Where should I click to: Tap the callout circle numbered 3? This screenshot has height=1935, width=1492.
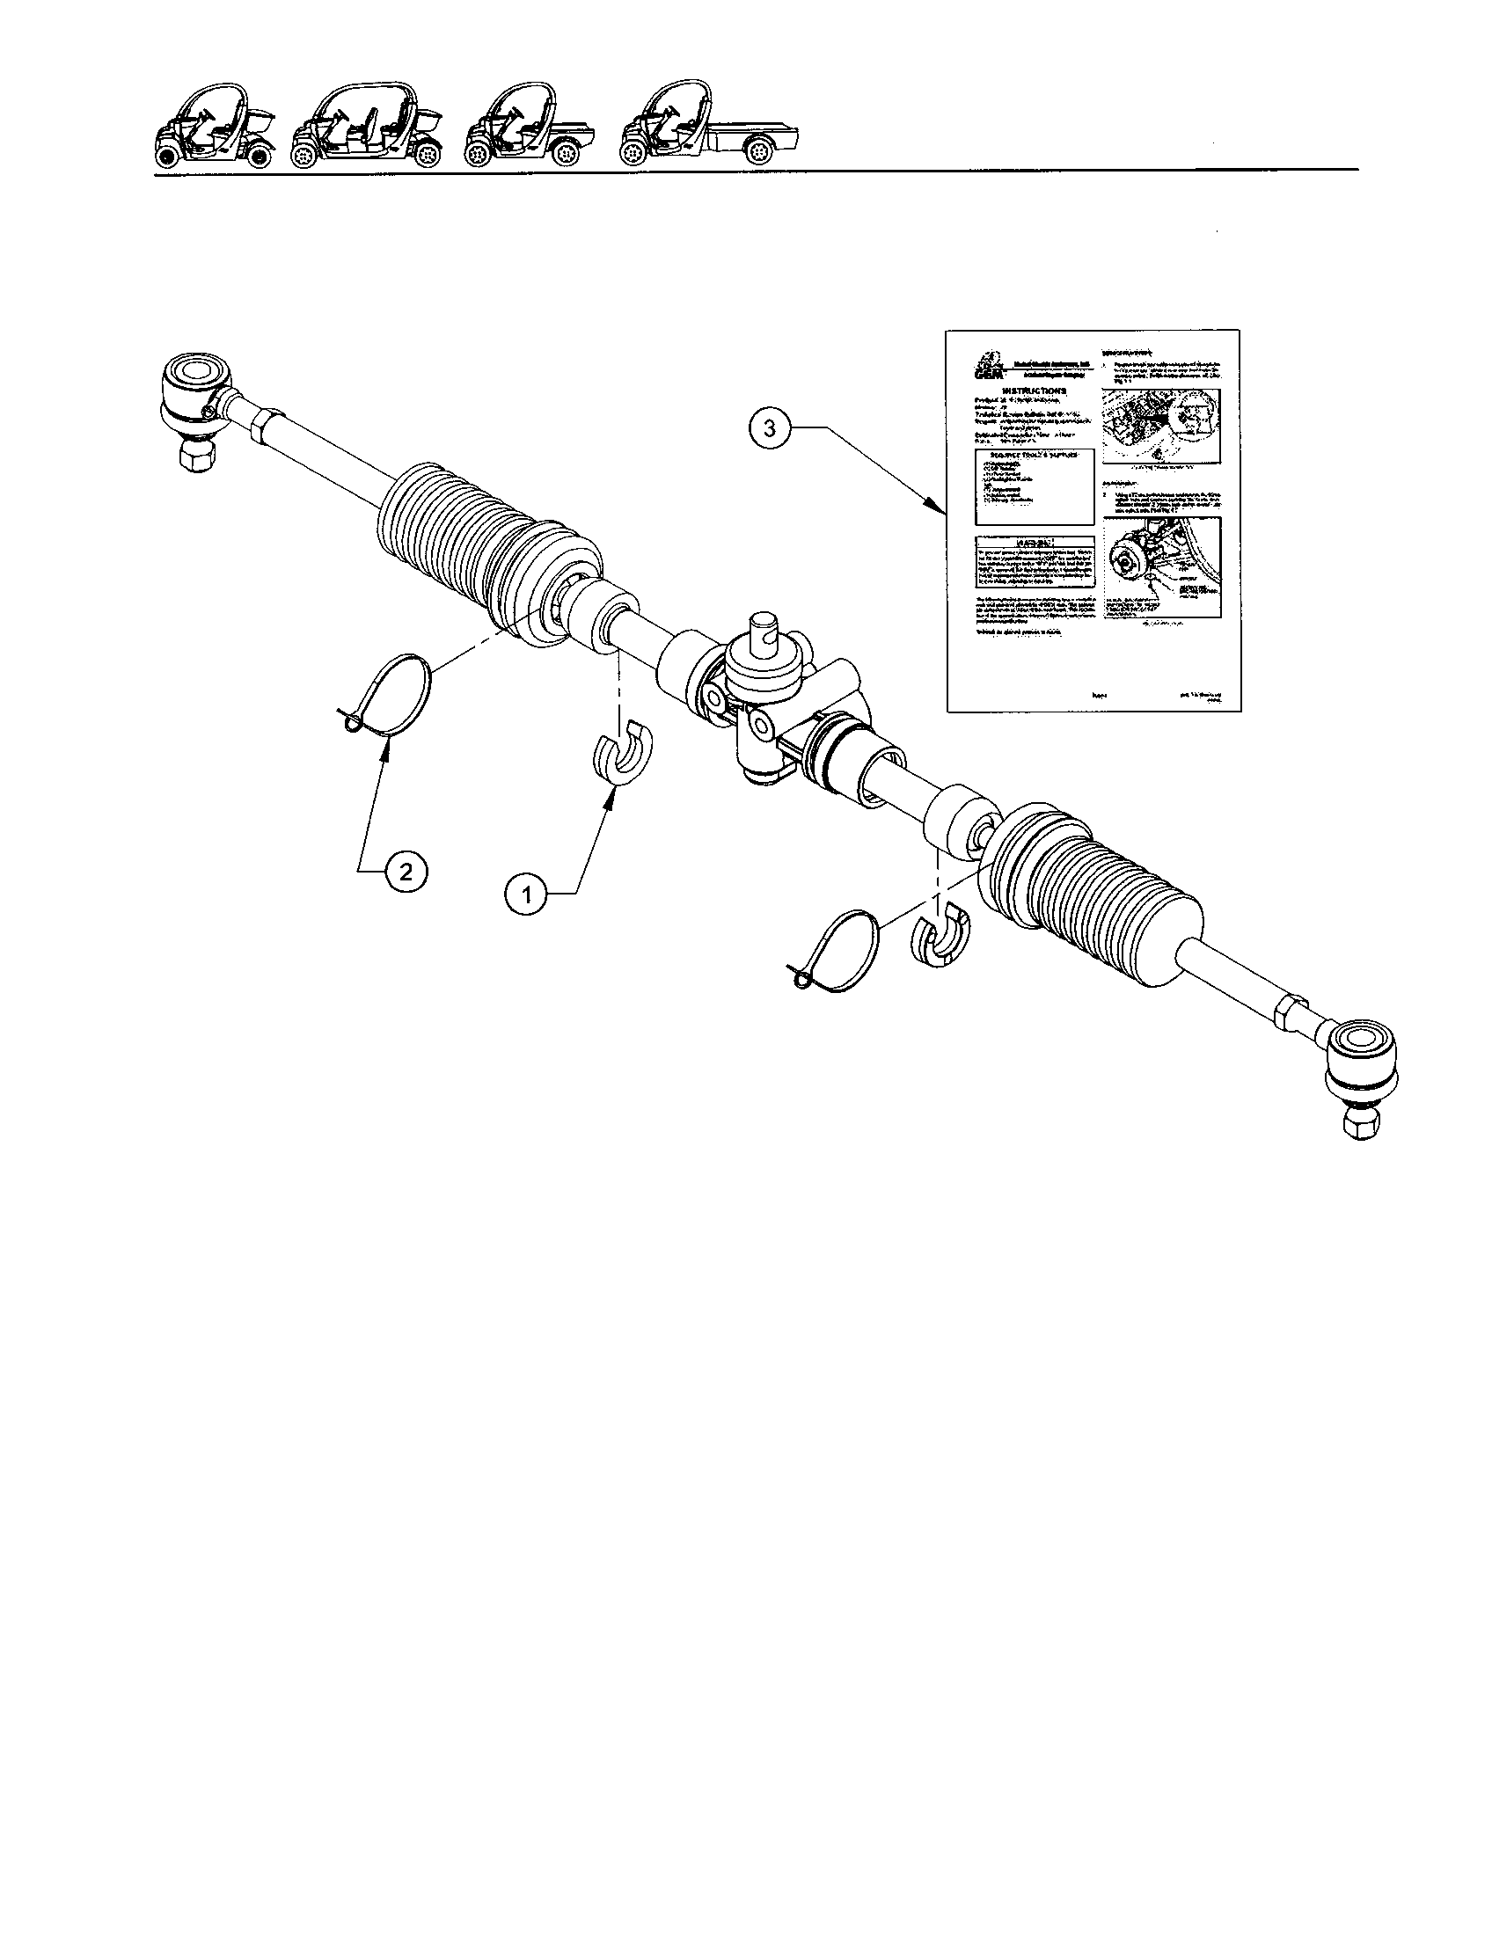pos(770,428)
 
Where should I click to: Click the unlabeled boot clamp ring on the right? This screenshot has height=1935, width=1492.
pos(842,953)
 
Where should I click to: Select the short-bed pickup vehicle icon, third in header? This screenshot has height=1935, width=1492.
pos(530,130)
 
